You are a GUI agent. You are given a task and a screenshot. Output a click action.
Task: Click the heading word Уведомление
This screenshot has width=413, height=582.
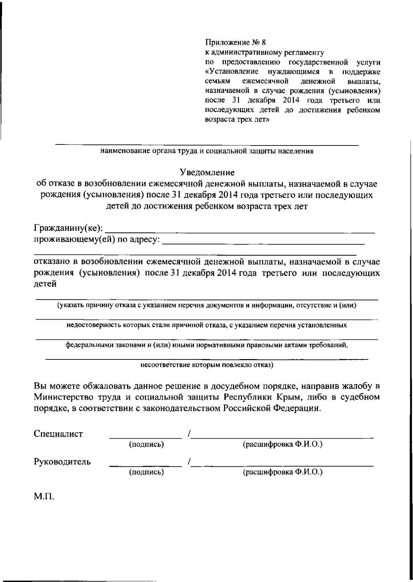[x=208, y=172]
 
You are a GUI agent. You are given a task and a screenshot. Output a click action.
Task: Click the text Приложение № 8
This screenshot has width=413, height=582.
[x=236, y=43]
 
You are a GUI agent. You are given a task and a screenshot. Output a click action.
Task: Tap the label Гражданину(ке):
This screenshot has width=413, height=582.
[x=68, y=228]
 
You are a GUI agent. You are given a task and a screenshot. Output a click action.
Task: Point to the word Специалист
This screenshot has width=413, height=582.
[x=59, y=434]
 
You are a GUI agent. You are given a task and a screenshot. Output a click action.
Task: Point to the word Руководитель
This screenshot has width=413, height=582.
[x=62, y=462]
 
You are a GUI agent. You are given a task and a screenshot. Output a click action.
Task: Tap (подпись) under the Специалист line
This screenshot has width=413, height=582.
[x=146, y=444]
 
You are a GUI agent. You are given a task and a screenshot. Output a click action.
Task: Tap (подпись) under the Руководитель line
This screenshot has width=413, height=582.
[x=146, y=472]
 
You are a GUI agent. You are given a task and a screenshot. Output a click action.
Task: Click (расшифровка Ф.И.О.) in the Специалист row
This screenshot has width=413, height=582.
[x=283, y=444]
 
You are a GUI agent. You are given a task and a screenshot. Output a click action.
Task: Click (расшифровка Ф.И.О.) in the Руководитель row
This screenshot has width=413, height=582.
[x=283, y=472]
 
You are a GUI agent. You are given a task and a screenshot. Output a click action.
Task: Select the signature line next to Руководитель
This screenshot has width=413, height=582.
[x=145, y=466]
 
